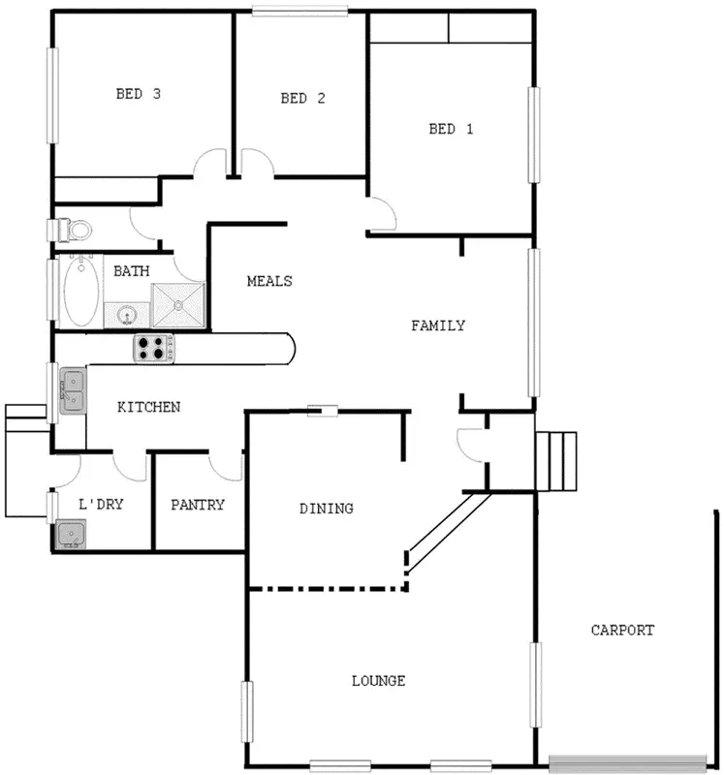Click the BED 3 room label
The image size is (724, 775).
coord(138,94)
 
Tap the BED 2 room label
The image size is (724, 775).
coord(301,98)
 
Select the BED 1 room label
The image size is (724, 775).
coord(451,129)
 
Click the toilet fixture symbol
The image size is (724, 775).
coord(75,231)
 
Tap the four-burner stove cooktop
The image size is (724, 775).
coord(152,348)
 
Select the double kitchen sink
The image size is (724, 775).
coord(73,390)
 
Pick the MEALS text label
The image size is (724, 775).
coord(269,281)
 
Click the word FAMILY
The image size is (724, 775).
coord(438,325)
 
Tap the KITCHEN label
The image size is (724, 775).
coord(148,407)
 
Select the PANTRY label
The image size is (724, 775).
coord(198,505)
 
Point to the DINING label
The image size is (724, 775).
coord(326,509)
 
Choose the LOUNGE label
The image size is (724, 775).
coord(378,681)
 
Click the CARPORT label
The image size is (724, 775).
coord(622,630)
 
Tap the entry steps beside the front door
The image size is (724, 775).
coord(557,461)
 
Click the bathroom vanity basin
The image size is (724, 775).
coord(125,314)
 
